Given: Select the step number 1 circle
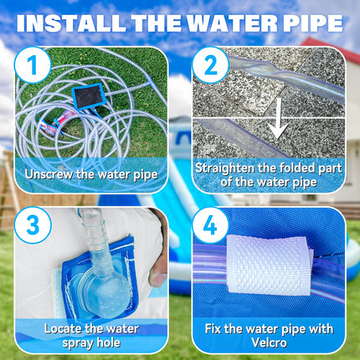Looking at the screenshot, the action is point(33,65).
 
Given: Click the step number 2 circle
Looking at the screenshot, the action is point(210,65).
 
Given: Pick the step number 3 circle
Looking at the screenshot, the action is point(33,225).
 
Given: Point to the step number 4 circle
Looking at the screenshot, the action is point(210,225).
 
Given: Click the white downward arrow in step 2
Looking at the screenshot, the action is point(279,118).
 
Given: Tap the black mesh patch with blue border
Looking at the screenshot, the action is point(87,96).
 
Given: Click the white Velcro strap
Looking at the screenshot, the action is point(269,265).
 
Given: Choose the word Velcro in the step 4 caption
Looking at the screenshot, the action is point(269,343).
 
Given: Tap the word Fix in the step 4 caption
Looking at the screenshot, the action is point(213,329).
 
